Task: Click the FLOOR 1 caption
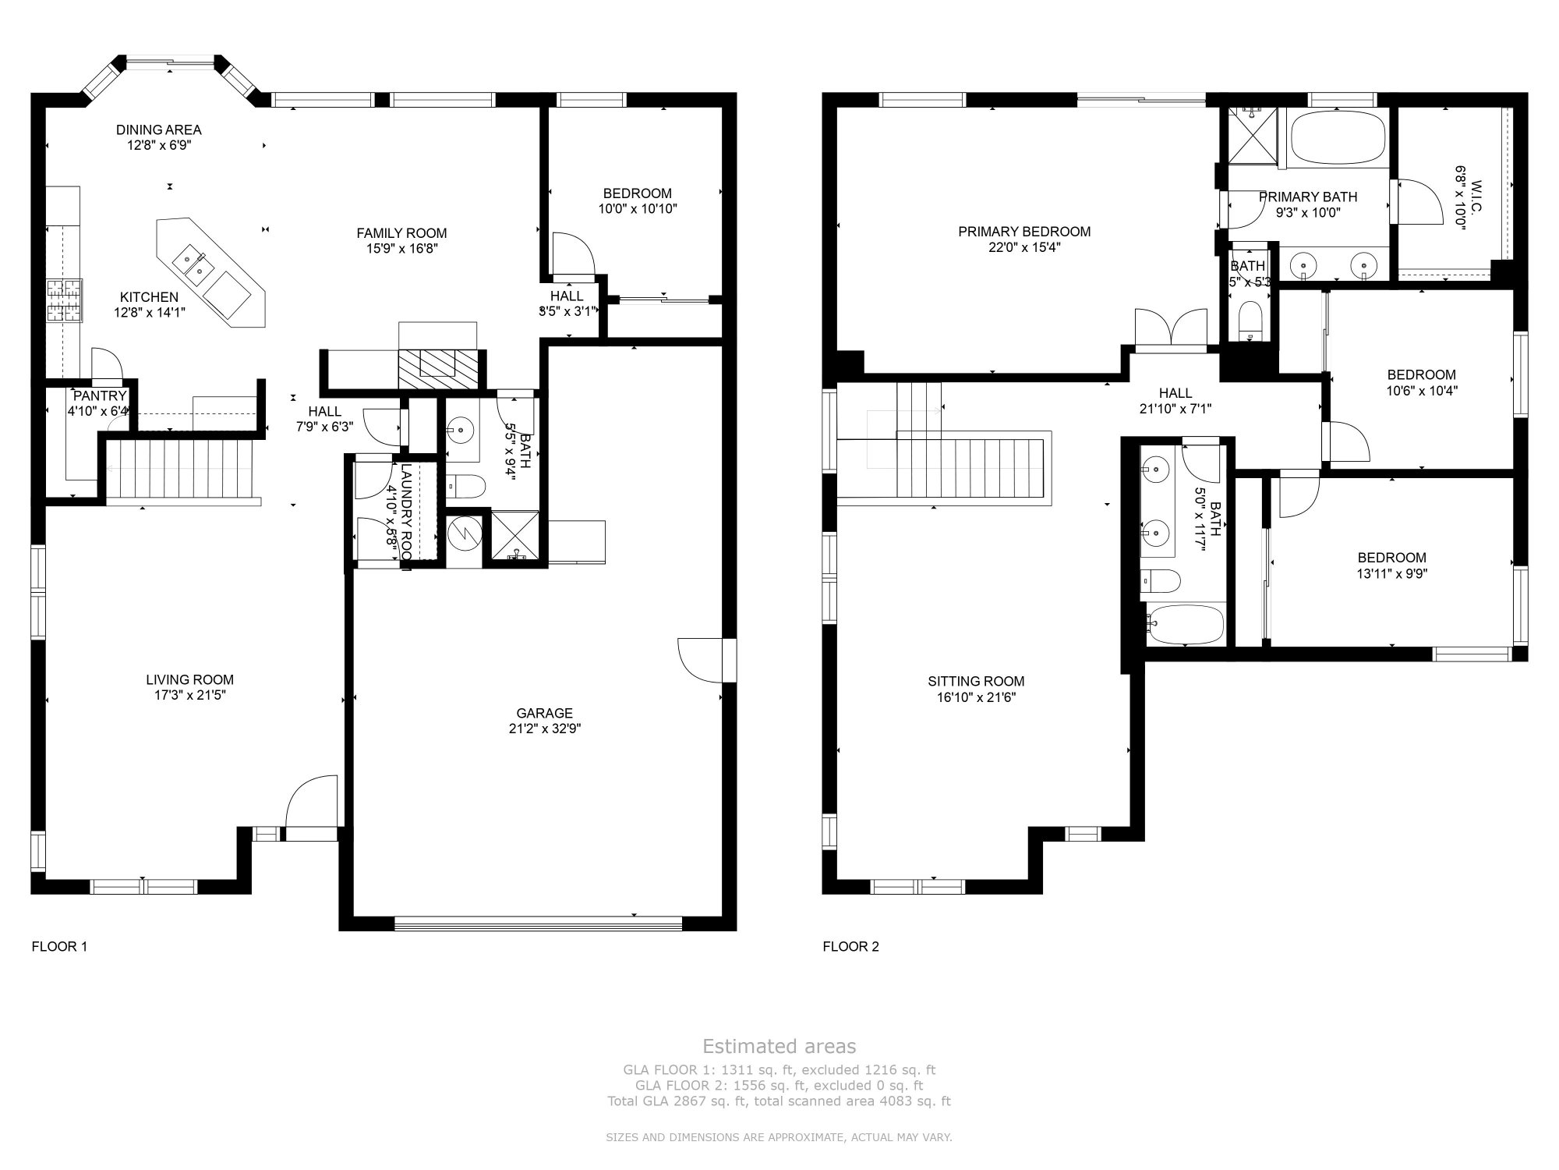pyautogui.click(x=59, y=946)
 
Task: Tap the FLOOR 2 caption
pyautogui.click(x=850, y=946)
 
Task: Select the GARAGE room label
pyautogui.click(x=544, y=713)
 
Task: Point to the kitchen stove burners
pyautogui.click(x=65, y=301)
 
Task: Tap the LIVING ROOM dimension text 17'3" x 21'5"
pyautogui.click(x=189, y=696)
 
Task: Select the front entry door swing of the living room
pyautogui.click(x=311, y=803)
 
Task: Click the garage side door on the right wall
pyautogui.click(x=702, y=660)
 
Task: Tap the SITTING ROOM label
pyautogui.click(x=976, y=681)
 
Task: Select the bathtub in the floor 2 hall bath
pyautogui.click(x=1184, y=625)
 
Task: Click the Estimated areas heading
pyautogui.click(x=779, y=1047)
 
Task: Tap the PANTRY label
pyautogui.click(x=99, y=396)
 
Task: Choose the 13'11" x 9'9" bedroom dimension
pyautogui.click(x=1391, y=573)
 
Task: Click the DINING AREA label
pyautogui.click(x=159, y=129)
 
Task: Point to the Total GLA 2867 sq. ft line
pyautogui.click(x=779, y=1101)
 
